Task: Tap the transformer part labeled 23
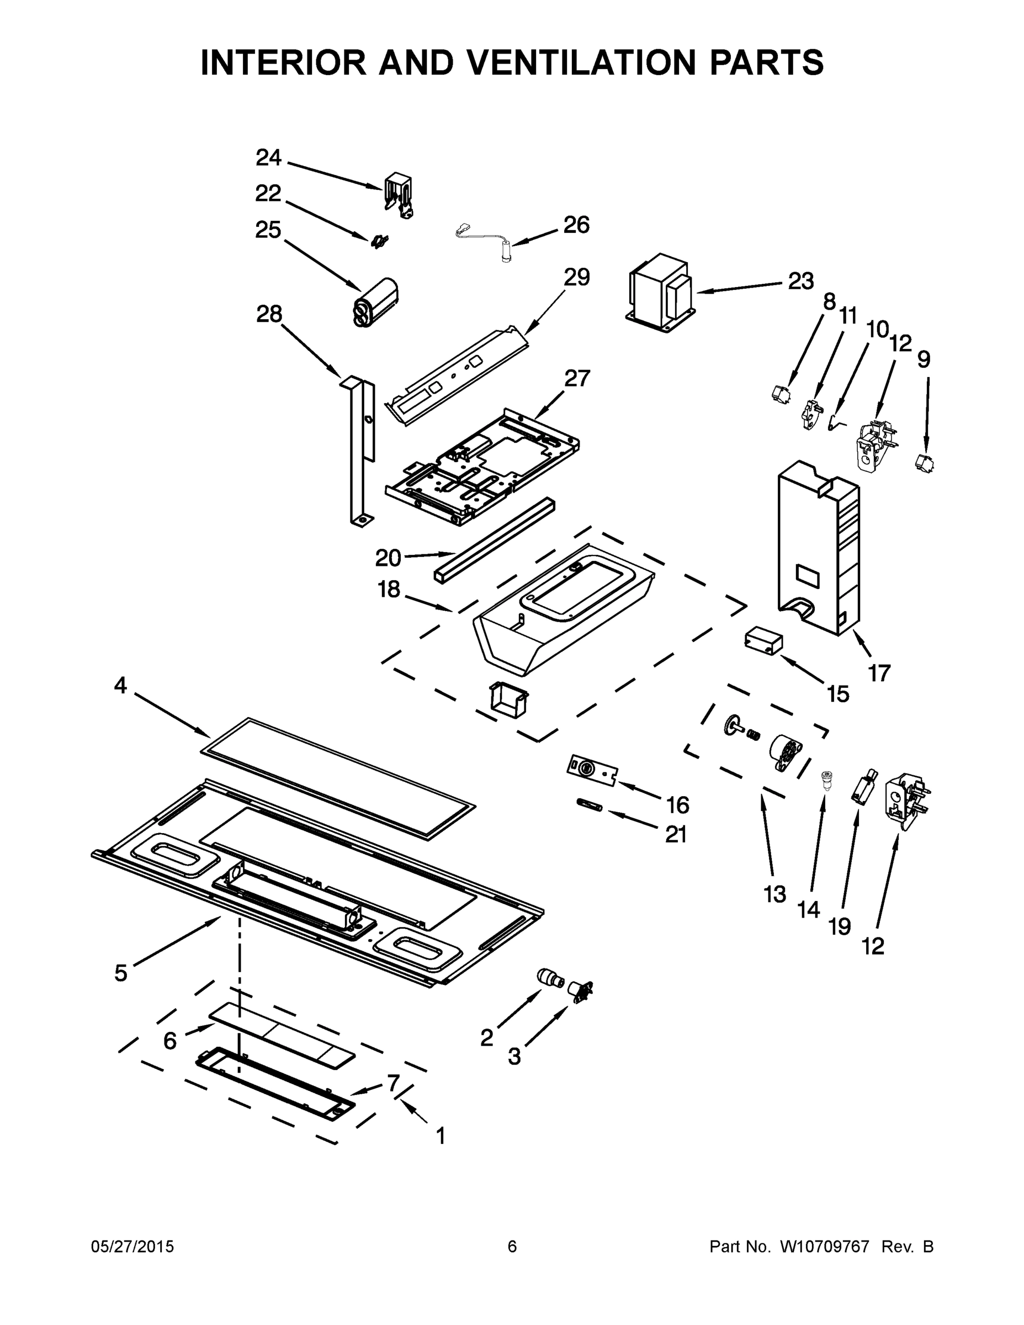[x=661, y=294]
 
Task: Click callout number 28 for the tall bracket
[x=269, y=314]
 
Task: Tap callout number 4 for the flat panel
[x=120, y=686]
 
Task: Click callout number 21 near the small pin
[x=676, y=835]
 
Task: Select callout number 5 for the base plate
[x=121, y=973]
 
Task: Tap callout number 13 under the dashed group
[x=774, y=894]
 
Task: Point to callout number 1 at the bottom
[x=441, y=1135]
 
